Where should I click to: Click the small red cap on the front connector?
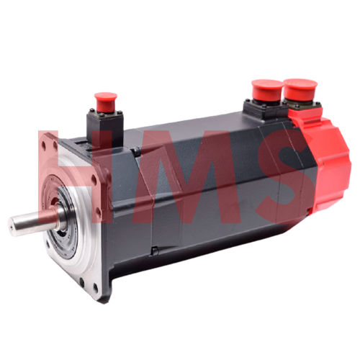106,102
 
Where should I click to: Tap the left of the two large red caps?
267,91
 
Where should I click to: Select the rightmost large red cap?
300,89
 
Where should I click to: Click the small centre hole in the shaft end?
12,226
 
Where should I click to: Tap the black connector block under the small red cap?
105,128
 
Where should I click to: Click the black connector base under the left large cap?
264,109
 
